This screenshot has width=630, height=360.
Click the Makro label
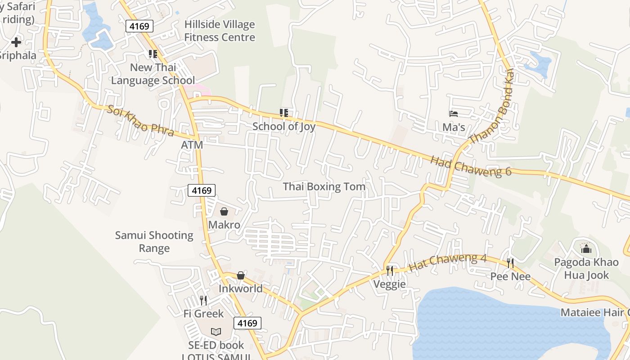pyautogui.click(x=224, y=225)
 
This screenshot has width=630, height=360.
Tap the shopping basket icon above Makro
pyautogui.click(x=224, y=211)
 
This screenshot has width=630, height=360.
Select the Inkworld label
pyautogui.click(x=240, y=288)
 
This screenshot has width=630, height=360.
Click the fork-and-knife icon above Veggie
pyautogui.click(x=390, y=270)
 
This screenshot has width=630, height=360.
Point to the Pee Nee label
pyautogui.click(x=510, y=276)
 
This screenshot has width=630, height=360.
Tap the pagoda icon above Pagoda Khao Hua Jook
pyautogui.click(x=586, y=248)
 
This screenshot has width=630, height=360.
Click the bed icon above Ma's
pyautogui.click(x=454, y=114)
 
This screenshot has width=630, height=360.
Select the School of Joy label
pyautogui.click(x=283, y=126)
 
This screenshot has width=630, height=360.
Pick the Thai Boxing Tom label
pyautogui.click(x=324, y=186)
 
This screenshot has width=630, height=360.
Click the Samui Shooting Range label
pyautogui.click(x=154, y=242)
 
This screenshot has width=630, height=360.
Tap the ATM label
pyautogui.click(x=192, y=145)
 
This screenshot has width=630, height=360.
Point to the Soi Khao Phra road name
pyautogui.click(x=140, y=120)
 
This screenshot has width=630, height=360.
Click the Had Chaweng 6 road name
pyautogui.click(x=471, y=166)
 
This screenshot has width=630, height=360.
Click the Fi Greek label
pyautogui.click(x=203, y=314)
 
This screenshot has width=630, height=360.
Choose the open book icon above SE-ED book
pyautogui.click(x=216, y=332)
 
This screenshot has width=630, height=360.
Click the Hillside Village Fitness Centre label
pyautogui.click(x=220, y=31)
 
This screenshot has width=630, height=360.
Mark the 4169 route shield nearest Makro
pyautogui.click(x=201, y=190)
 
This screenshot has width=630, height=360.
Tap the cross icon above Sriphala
pyautogui.click(x=16, y=43)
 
